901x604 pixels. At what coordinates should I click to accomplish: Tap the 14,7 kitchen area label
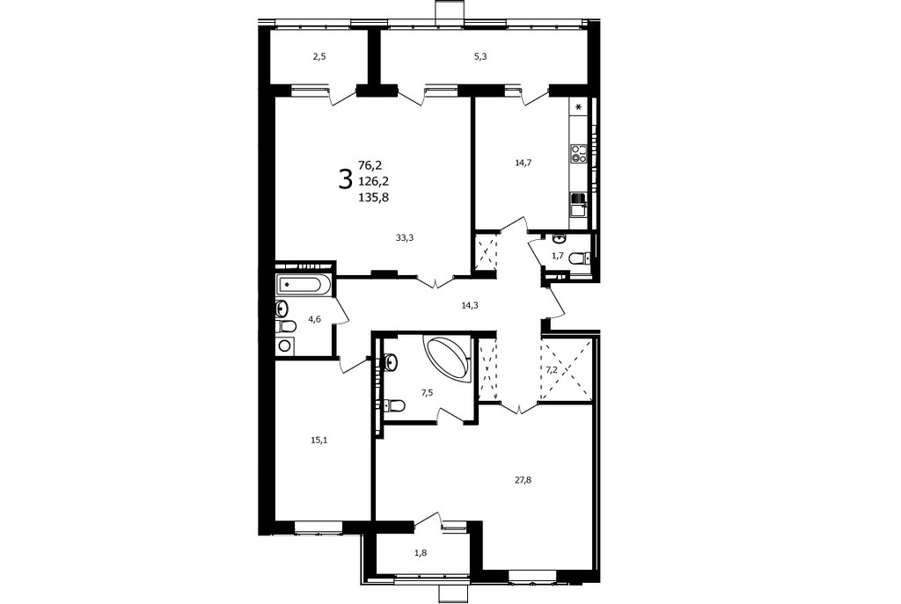(x=523, y=163)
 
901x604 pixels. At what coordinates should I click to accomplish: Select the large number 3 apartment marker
(x=345, y=179)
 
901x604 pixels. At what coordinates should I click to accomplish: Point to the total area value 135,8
(x=374, y=197)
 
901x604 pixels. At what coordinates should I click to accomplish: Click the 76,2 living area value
(x=370, y=165)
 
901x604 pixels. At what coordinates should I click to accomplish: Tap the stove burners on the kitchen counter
(x=578, y=153)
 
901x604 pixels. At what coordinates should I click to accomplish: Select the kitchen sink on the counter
(x=577, y=204)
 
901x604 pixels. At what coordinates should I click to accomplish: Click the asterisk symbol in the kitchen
(x=579, y=106)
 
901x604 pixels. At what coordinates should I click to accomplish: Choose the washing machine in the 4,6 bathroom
(x=284, y=345)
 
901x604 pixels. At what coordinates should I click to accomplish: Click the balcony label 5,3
(x=481, y=56)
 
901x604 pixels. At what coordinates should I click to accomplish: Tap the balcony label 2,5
(x=319, y=56)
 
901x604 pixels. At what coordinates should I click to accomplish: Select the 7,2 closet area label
(x=551, y=370)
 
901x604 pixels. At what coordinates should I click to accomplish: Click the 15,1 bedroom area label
(x=319, y=440)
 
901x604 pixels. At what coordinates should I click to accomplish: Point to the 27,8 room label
(x=523, y=480)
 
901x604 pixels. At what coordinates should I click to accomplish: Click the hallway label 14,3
(x=470, y=305)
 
